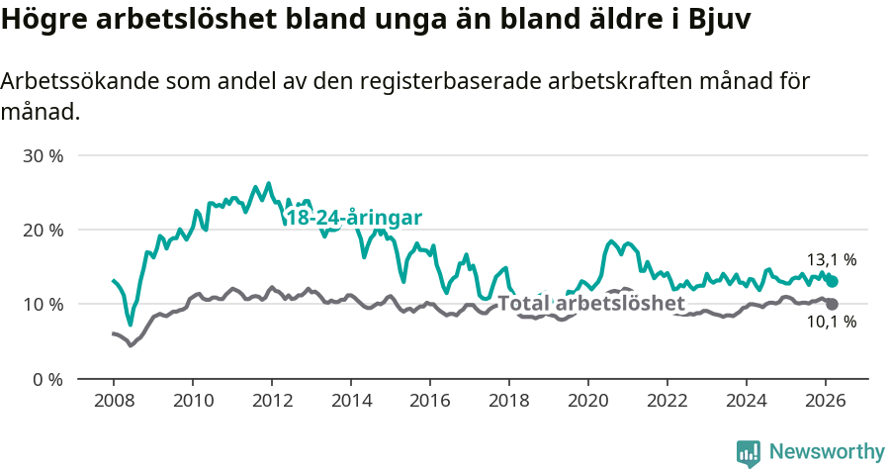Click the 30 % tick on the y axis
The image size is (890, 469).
point(43,156)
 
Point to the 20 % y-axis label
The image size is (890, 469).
point(43,230)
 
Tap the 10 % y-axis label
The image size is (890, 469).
point(43,304)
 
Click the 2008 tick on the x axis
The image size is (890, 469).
point(113,400)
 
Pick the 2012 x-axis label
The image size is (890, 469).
point(271,400)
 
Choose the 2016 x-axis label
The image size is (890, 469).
point(429,400)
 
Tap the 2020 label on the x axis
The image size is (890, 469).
point(587,400)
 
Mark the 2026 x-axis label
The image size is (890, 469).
point(826,400)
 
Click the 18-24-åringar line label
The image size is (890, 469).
point(354,218)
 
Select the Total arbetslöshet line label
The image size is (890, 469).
point(590,303)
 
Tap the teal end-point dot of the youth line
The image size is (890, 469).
point(833,281)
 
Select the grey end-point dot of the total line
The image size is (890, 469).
point(833,304)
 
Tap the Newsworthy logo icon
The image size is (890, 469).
point(749,452)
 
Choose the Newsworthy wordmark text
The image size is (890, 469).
point(826,452)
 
